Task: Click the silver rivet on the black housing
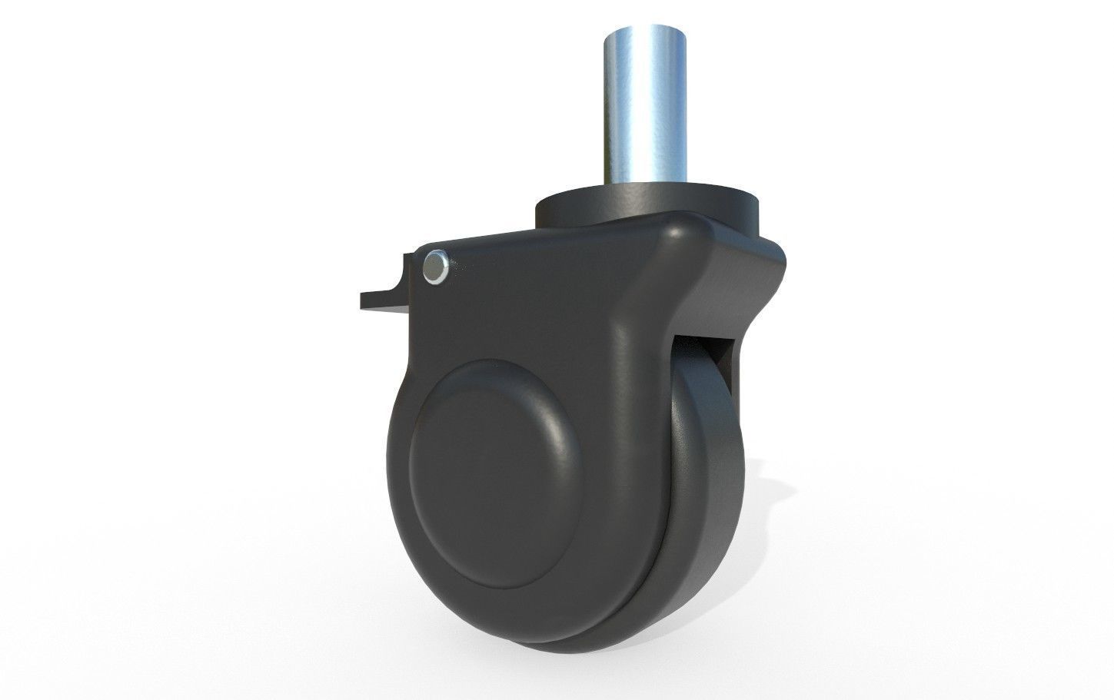coord(435,267)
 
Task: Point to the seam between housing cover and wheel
coord(653,553)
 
